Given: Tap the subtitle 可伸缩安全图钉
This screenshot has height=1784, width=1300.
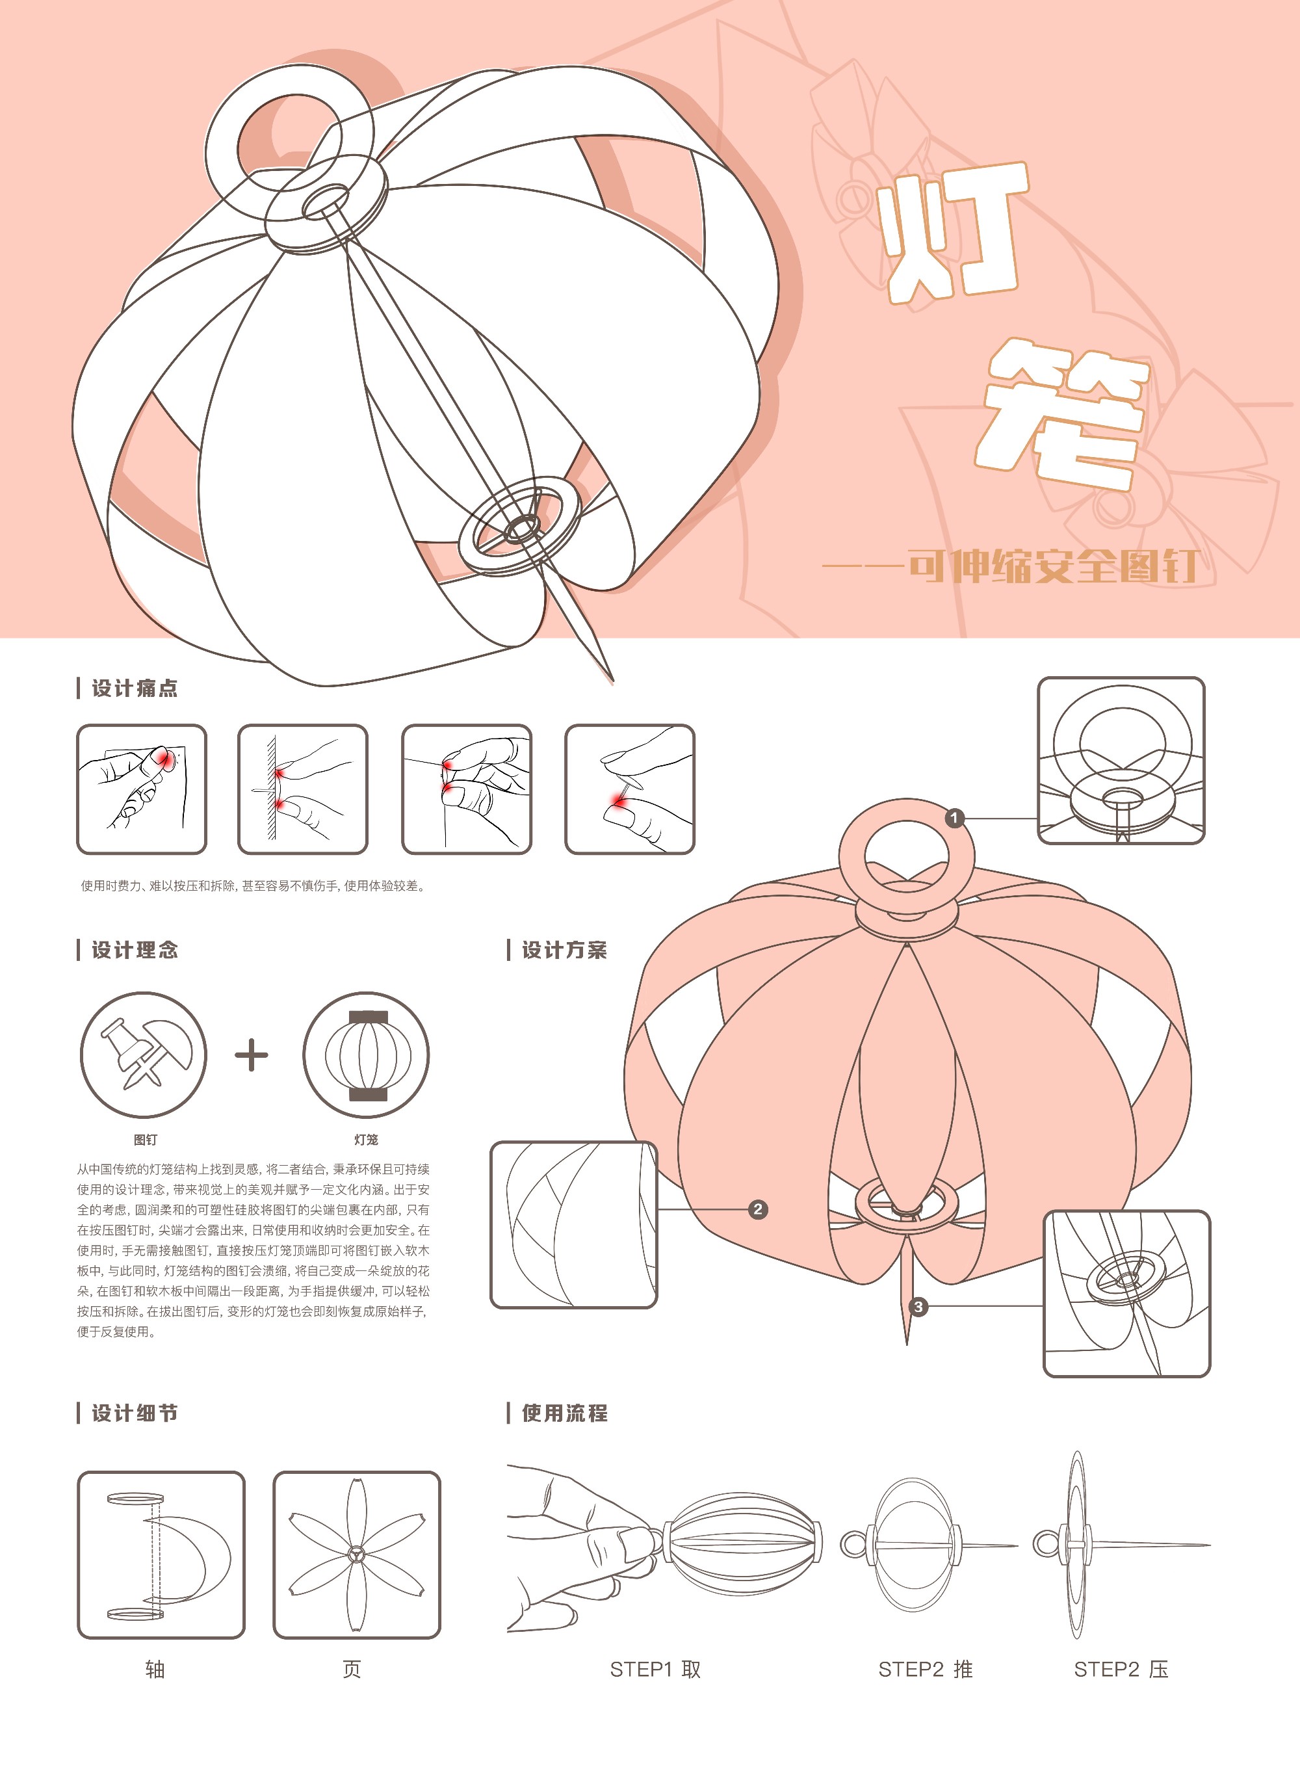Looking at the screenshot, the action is pyautogui.click(x=1054, y=566).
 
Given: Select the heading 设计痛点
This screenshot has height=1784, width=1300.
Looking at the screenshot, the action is pyautogui.click(x=135, y=689).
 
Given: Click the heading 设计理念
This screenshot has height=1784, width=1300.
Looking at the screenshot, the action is pyautogui.click(x=135, y=950).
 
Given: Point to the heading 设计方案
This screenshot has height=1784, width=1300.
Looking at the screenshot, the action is pyautogui.click(x=564, y=950).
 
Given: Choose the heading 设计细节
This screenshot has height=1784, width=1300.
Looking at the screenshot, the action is pyautogui.click(x=135, y=1413).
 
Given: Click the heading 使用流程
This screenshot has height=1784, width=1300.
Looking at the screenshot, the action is pyautogui.click(x=564, y=1413).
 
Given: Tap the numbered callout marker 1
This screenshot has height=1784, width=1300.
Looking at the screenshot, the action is pyautogui.click(x=955, y=819).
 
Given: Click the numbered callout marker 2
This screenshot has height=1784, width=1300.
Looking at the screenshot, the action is pyautogui.click(x=758, y=1209).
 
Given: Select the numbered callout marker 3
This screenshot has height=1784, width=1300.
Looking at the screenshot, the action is pyautogui.click(x=918, y=1307).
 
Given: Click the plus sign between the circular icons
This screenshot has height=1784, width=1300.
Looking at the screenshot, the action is pyautogui.click(x=252, y=1055).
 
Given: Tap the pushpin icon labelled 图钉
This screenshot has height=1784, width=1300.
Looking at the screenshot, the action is pyautogui.click(x=143, y=1055).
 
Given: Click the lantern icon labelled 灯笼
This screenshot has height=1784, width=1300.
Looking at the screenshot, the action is pyautogui.click(x=366, y=1055).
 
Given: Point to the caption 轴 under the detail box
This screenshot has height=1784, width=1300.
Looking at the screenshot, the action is pyautogui.click(x=155, y=1669).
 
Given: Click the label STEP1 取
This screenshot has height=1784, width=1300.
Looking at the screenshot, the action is pyautogui.click(x=655, y=1669).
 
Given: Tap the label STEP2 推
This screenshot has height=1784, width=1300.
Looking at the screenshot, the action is pyautogui.click(x=926, y=1669).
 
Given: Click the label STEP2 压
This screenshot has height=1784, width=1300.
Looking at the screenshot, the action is pyautogui.click(x=1121, y=1669).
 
